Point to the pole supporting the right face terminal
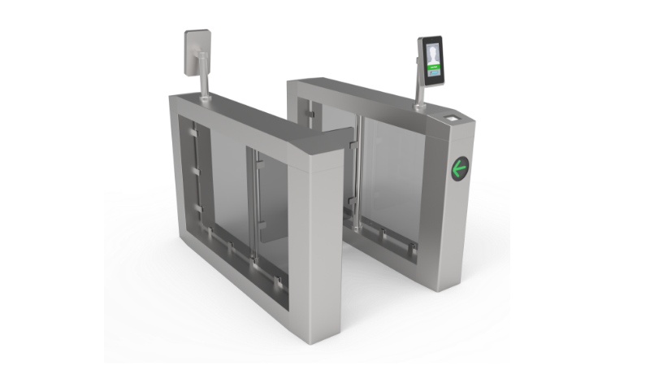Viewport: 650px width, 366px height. (x=421, y=96)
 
